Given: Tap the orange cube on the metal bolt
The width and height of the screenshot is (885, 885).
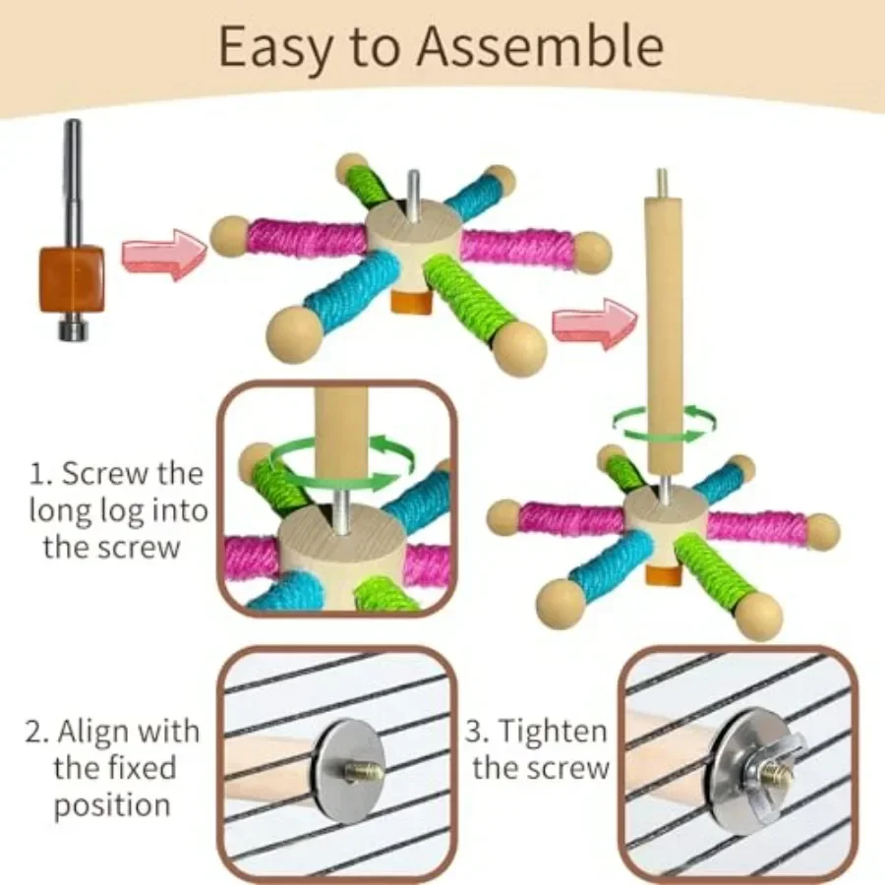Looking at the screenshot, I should (x=72, y=279).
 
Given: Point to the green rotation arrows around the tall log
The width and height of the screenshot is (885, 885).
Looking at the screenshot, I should (x=665, y=423).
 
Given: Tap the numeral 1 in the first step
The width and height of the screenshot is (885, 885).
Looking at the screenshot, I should (x=36, y=473).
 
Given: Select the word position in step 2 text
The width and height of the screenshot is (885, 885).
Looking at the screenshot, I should (x=111, y=805).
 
